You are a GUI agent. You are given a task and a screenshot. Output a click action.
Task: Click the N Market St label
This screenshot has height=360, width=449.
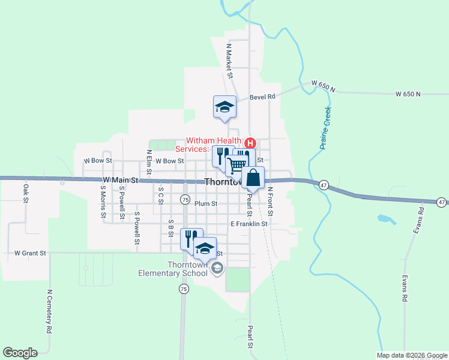click(x=229, y=61)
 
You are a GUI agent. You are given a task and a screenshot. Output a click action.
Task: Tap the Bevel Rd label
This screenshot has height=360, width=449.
click(x=262, y=96)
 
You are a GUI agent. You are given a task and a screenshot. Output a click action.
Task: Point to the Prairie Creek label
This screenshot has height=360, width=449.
click(x=325, y=132)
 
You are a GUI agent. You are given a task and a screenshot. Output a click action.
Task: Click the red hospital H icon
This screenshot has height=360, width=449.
click(x=250, y=143)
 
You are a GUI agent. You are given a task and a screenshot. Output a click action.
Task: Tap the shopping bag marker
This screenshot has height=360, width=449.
click(x=253, y=178)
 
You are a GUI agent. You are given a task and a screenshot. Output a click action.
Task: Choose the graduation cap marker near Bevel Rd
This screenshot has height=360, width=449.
click(x=224, y=107)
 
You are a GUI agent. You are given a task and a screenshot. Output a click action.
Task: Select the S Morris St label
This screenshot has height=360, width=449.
click(x=103, y=202)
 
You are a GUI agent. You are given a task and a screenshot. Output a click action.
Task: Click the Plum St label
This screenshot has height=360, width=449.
click(x=205, y=203)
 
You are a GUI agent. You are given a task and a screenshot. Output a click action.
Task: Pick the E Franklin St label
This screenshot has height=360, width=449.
click(x=249, y=224)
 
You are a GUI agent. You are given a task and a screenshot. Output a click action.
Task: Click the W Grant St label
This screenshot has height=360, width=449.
click(x=30, y=253)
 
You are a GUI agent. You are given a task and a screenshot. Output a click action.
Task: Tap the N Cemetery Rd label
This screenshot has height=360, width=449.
click(x=49, y=311)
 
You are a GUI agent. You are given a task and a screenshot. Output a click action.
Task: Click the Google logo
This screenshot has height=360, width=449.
click(x=20, y=353)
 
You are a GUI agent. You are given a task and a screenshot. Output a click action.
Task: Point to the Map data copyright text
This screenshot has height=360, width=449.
click(x=411, y=355)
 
